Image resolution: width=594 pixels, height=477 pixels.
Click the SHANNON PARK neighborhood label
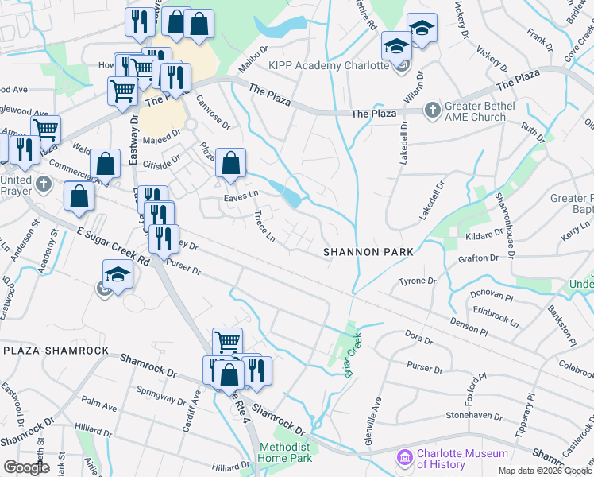(x=368, y=252)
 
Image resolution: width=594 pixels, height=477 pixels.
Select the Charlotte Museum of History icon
(x=404, y=459)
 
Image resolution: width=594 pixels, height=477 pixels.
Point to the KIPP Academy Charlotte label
(x=328, y=65)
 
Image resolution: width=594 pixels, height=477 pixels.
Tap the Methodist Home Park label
(x=288, y=453)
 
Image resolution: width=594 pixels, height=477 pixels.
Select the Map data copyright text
(x=544, y=471)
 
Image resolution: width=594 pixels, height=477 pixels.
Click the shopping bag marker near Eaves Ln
(x=229, y=164)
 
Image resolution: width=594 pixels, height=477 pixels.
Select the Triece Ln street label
(x=264, y=226)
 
